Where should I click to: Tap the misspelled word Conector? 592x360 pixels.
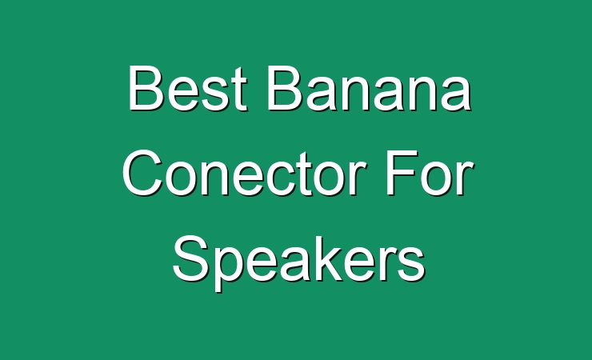[x=244, y=174]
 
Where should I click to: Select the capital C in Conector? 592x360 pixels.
[x=142, y=174]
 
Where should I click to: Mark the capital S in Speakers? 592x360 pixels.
[x=190, y=258]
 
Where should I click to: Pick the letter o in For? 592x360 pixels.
[x=438, y=180]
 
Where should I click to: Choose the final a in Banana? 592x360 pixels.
[x=457, y=94]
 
